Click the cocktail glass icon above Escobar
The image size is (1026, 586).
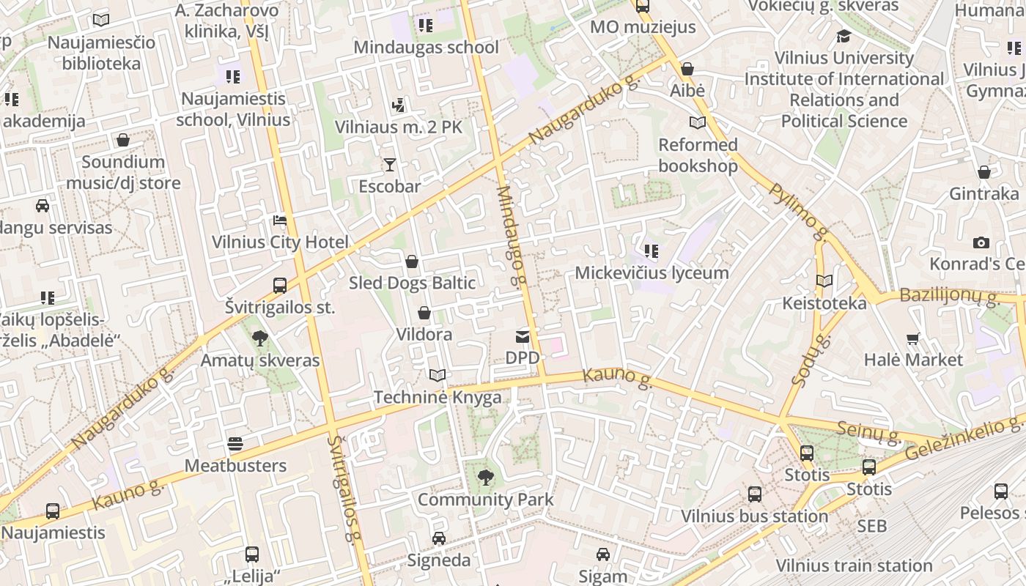[389, 165]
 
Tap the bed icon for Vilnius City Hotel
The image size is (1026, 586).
[279, 220]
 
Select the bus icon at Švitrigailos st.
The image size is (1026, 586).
[279, 286]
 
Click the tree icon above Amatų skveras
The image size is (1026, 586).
[259, 338]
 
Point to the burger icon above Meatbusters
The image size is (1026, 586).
[235, 444]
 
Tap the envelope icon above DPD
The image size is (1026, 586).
[523, 336]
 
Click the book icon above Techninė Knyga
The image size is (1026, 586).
[438, 376]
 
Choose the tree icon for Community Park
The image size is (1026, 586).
[485, 478]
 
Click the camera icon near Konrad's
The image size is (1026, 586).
[981, 242]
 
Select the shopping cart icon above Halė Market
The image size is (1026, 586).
[913, 338]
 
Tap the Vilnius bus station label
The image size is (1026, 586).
[755, 516]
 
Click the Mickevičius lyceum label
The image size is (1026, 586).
[652, 273]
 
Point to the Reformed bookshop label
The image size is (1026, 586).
[698, 155]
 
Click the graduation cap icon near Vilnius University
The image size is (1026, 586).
[844, 36]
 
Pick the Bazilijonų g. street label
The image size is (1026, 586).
[950, 297]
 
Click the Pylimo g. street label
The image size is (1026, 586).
[799, 212]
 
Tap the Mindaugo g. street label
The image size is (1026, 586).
[512, 235]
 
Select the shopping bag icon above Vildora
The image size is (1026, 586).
[424, 314]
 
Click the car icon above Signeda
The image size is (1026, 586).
[438, 538]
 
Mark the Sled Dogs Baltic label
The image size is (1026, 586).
[412, 283]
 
